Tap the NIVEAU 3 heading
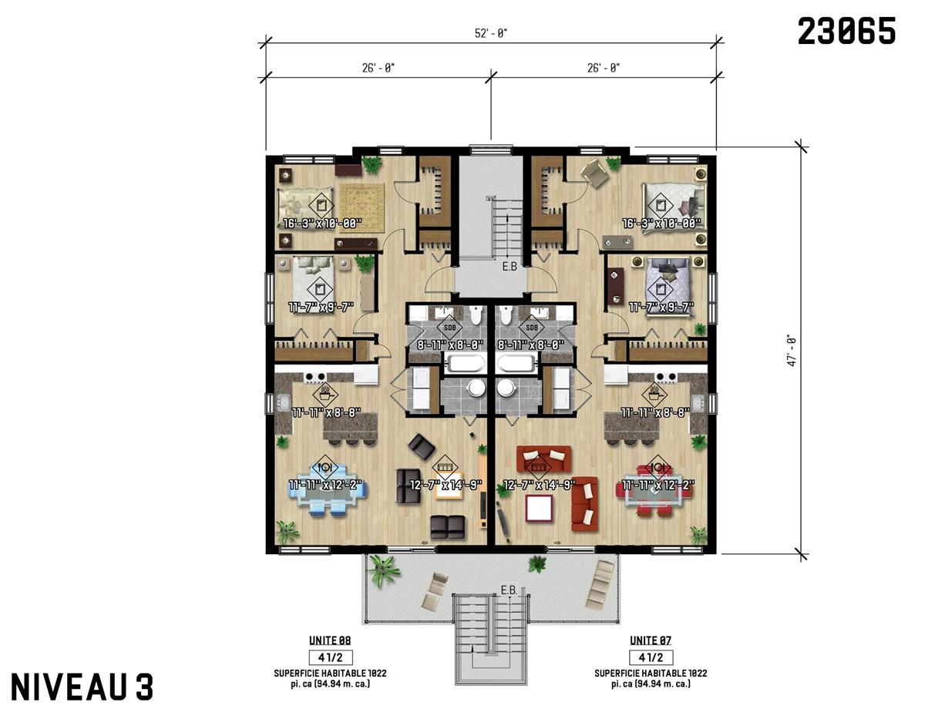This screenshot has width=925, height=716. pos(82,687)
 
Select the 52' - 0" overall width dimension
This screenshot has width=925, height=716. pos(491,33)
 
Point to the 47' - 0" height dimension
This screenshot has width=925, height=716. pos(791,348)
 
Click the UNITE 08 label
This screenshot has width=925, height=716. pos(330,640)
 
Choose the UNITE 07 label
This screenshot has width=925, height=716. pos(650,640)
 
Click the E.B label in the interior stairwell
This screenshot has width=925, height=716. pos(510,267)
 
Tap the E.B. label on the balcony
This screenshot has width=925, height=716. pos(509,590)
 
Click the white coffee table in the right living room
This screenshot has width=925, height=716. pos(539,508)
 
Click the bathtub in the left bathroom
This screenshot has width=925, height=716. pos(460,363)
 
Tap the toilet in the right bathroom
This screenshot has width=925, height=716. pos(506,316)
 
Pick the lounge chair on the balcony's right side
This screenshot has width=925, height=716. pos(601,583)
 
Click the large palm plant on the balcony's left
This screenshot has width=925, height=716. pos(383,570)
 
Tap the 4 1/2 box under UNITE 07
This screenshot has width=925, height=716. pos(650,657)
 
